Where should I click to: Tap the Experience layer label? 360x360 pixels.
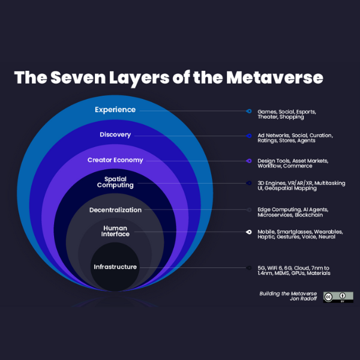click(115, 110)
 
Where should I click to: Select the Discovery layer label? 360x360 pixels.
click(115, 135)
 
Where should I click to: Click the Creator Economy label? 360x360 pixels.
click(115, 160)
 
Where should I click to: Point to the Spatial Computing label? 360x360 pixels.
click(115, 182)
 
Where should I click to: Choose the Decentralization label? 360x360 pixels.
click(115, 210)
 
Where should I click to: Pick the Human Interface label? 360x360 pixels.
click(115, 231)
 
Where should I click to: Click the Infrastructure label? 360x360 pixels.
click(115, 266)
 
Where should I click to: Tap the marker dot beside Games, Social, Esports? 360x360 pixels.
click(248, 111)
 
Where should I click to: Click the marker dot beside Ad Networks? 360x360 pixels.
click(248, 136)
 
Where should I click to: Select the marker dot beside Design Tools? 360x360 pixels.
click(248, 161)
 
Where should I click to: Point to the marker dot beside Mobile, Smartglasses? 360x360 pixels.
click(248, 232)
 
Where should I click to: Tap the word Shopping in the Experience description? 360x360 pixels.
click(291, 117)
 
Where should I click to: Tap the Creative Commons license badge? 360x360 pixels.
click(334, 297)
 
